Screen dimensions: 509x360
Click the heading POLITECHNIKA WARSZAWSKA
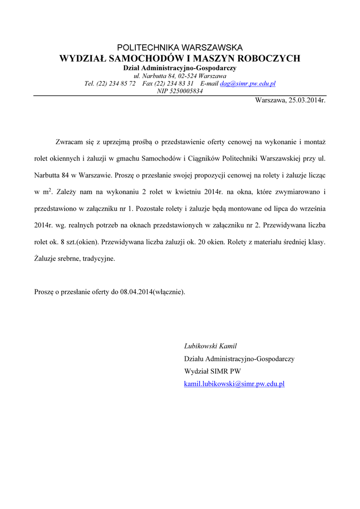[180, 48]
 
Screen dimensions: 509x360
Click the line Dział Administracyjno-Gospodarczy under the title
[180, 68]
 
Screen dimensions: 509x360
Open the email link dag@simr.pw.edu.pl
[248, 84]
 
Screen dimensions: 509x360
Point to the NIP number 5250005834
[187, 91]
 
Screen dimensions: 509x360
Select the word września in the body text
[311, 208]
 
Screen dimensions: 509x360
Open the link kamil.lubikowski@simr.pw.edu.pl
[234, 384]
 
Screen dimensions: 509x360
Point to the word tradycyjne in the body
[99, 258]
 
